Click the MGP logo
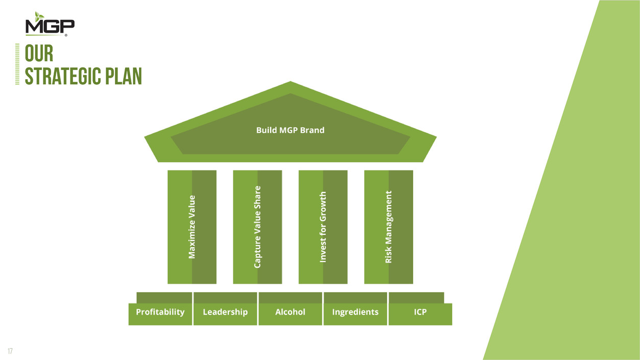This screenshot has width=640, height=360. point(50,26)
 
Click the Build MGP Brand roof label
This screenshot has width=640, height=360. point(290,130)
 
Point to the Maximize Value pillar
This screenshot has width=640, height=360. point(192,227)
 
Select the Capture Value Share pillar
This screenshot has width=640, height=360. point(257,227)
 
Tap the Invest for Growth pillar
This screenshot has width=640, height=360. point(323,227)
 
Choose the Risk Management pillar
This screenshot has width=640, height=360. point(389,227)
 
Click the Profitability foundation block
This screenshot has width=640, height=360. point(160,312)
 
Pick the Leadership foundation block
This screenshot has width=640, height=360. point(225,312)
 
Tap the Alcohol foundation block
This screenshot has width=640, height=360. point(290,312)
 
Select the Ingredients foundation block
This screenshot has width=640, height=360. point(355,312)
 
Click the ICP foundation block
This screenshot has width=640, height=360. point(420,312)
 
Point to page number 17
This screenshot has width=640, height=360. point(10,351)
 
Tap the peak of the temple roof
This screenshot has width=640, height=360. point(290,83)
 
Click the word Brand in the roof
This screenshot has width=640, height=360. point(312,130)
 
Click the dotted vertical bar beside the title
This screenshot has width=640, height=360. point(17,64)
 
